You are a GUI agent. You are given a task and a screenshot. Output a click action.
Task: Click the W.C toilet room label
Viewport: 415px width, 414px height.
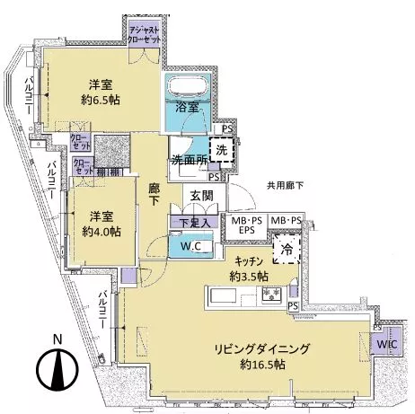[x=190, y=247]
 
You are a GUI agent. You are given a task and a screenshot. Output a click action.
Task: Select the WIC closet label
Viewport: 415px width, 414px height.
[x=388, y=345]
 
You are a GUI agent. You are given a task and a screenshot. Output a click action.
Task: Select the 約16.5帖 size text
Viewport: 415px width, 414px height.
[x=257, y=366]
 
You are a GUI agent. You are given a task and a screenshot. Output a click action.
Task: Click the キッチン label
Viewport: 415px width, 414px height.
[x=248, y=261]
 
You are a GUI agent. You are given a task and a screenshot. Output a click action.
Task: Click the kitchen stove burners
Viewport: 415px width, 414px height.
[x=270, y=294]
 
